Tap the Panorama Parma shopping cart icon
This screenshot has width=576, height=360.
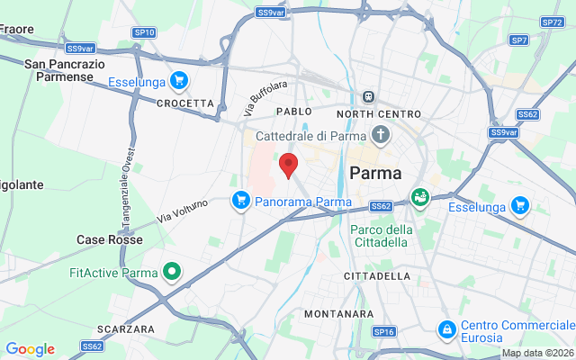click(240, 200)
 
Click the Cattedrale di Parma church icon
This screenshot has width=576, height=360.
click(381, 136)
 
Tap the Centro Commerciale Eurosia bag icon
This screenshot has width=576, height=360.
click(445, 330)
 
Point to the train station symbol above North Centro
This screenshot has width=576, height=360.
click(368, 96)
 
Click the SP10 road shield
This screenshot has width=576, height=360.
click(144, 32)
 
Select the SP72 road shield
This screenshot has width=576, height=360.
click(552, 22)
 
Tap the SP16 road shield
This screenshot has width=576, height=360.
click(384, 332)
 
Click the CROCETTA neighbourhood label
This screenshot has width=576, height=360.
click(185, 103)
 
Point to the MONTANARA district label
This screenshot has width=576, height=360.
click(338, 314)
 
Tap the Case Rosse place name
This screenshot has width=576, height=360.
click(109, 240)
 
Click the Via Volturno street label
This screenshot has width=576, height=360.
click(183, 211)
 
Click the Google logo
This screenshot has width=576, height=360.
click(30, 349)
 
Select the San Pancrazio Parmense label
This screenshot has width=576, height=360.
click(65, 70)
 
